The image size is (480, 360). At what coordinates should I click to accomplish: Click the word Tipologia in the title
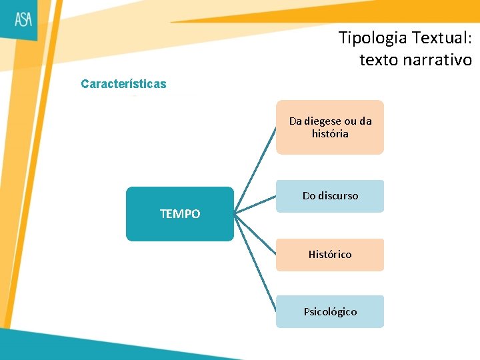[x=369, y=37]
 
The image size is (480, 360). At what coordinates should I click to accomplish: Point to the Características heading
[x=123, y=84]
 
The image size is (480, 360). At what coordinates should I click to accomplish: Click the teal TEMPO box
[x=180, y=213]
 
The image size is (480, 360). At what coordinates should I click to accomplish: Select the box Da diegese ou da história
[x=330, y=127]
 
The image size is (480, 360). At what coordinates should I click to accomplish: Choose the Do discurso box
[x=330, y=196]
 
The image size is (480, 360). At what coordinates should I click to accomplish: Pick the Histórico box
[x=330, y=255]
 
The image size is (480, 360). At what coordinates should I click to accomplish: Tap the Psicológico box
[x=330, y=311]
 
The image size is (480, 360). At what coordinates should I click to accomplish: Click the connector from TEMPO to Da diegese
[x=257, y=167]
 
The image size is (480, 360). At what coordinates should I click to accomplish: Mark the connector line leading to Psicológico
[x=256, y=263]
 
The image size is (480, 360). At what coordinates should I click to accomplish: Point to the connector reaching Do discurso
[x=256, y=205]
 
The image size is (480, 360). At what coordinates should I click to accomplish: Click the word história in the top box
[x=330, y=134]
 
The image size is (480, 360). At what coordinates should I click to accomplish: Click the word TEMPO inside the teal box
[x=180, y=214]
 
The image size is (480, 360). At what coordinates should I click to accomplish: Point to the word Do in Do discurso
[x=309, y=196]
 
